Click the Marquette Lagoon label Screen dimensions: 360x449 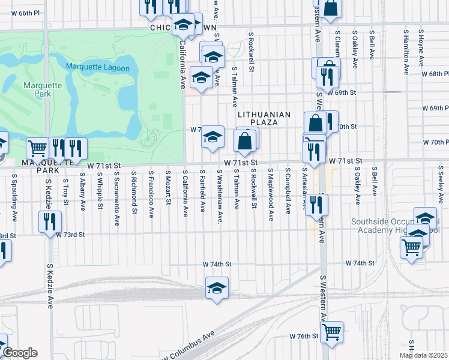(x=98, y=68)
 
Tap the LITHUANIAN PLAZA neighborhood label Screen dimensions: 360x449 (x=264, y=118)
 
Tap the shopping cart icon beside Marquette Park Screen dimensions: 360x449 (x=37, y=148)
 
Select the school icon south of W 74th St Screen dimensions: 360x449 (x=217, y=287)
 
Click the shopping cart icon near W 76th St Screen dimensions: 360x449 (x=331, y=331)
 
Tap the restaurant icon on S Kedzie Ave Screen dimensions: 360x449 (x=50, y=220)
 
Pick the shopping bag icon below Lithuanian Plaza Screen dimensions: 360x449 (x=244, y=142)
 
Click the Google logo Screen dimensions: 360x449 (x=19, y=353)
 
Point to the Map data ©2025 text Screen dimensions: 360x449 (x=423, y=355)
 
